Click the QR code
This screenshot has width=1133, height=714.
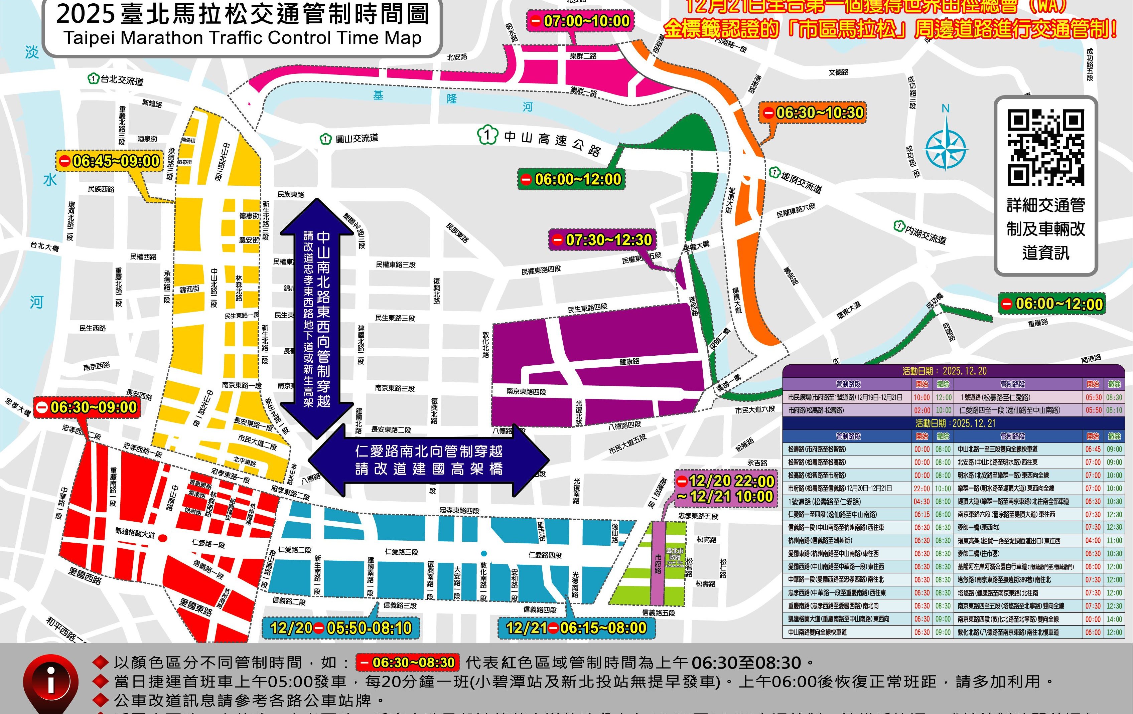(1045, 147)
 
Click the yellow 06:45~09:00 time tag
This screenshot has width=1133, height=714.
(109, 161)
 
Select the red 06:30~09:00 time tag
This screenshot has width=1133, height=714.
(87, 407)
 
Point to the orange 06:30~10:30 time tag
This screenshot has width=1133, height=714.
(813, 113)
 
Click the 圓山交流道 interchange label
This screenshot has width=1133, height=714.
(357, 139)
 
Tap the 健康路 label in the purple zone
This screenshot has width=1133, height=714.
(629, 362)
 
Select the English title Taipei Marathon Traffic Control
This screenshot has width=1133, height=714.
(242, 38)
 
